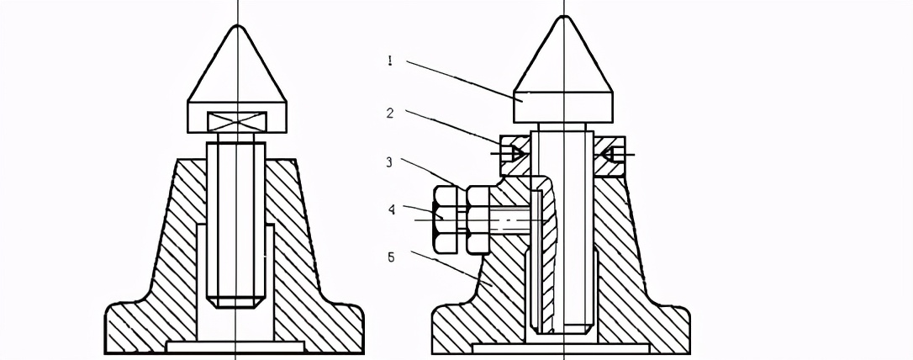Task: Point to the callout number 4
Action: (392, 209)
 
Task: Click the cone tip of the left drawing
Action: (239, 28)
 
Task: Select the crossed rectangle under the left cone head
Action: (238, 120)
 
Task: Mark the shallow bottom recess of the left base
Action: (235, 346)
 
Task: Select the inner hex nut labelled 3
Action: (478, 220)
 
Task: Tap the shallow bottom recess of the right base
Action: (562, 346)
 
